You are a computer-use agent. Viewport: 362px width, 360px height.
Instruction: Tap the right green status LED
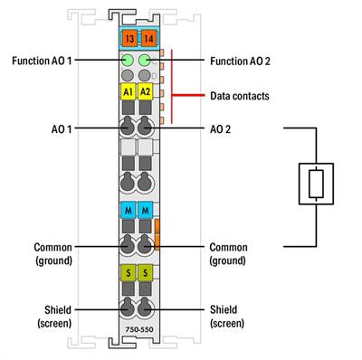(x=145, y=61)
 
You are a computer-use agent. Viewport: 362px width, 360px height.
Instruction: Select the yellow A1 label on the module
(x=128, y=91)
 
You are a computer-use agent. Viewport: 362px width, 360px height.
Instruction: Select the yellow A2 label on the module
(x=145, y=91)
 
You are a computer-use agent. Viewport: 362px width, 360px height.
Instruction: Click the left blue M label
(x=128, y=210)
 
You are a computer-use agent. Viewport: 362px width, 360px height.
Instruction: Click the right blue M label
(x=145, y=210)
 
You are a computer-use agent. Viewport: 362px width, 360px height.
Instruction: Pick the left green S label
(x=128, y=272)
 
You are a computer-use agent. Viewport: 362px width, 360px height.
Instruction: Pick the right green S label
(x=145, y=272)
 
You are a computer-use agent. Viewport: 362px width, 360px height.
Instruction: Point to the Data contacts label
(x=240, y=94)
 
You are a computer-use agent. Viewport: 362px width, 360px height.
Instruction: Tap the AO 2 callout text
(x=222, y=129)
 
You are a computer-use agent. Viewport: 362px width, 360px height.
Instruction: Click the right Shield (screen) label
(x=229, y=315)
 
